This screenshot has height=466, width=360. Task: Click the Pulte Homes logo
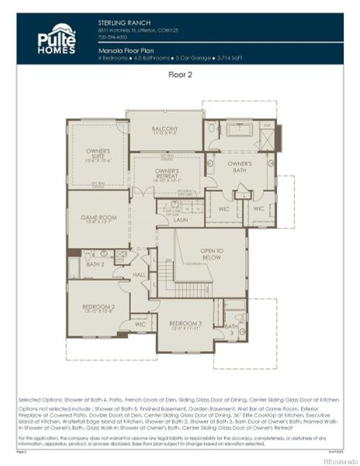57,39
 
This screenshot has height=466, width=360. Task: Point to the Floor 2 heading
180,75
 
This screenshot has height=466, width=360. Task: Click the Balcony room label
164,130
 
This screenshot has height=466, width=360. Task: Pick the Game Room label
98,219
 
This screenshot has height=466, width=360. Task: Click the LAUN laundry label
181,220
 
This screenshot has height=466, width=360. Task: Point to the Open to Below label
211,255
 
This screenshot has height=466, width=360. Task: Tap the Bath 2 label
95,264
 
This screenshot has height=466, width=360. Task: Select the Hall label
139,274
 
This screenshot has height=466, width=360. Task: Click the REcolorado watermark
334,459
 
